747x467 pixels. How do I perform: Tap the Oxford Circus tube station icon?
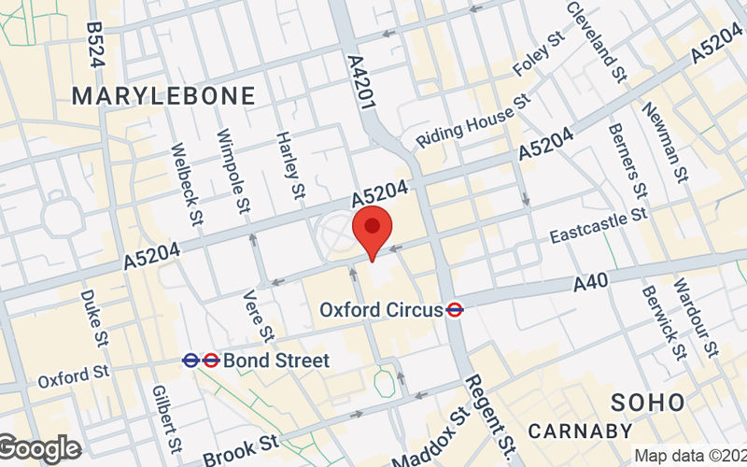[x=456, y=308]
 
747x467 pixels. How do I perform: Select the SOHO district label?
[x=647, y=403]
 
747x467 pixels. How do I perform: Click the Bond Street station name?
[x=276, y=360]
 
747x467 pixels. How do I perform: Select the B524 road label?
[x=93, y=44]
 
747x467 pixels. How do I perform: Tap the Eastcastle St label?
[x=598, y=224]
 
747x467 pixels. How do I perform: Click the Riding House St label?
[x=473, y=120]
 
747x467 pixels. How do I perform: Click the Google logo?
[x=39, y=448]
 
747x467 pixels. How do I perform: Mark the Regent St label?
[x=489, y=411]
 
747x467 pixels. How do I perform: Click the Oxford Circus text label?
[x=381, y=308]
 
